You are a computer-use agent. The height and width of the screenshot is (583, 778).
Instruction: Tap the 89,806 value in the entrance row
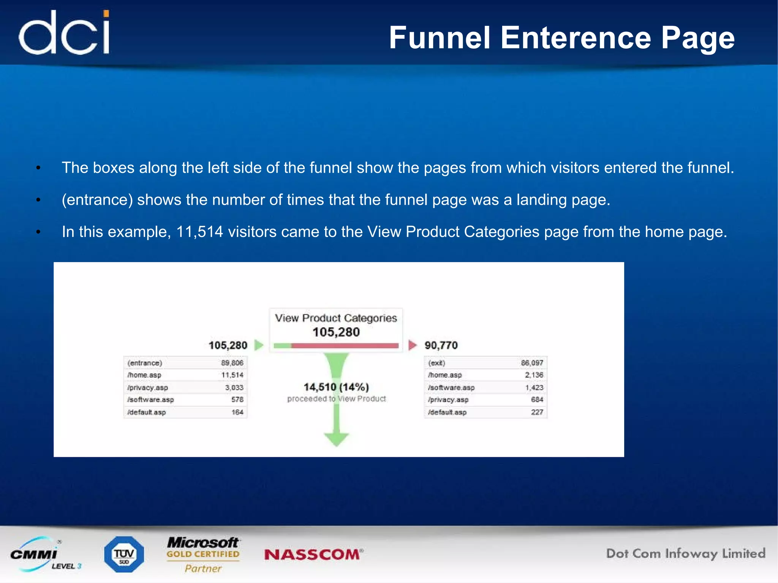[x=232, y=363]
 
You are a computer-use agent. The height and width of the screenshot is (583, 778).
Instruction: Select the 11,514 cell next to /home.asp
[x=232, y=375]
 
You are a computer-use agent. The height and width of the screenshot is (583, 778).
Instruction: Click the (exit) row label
[x=436, y=363]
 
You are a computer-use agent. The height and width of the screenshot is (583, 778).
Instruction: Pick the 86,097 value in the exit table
[x=532, y=363]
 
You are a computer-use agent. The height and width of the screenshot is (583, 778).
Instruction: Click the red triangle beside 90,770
[x=412, y=345]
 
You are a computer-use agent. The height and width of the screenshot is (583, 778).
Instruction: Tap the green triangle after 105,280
[x=259, y=345]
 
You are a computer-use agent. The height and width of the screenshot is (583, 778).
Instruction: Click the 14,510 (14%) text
[x=336, y=387]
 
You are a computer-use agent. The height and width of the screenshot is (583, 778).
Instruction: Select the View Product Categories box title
[x=336, y=318]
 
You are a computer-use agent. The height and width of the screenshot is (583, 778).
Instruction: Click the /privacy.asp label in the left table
[x=148, y=387]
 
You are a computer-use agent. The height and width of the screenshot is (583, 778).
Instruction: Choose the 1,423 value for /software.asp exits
[x=534, y=387]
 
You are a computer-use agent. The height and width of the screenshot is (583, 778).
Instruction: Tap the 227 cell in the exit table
[x=537, y=412]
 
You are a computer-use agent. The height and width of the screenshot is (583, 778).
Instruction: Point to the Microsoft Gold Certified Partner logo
[x=203, y=554]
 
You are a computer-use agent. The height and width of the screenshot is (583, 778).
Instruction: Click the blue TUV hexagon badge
[x=124, y=555]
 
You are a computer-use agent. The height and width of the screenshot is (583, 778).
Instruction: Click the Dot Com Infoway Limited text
[x=686, y=554]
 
